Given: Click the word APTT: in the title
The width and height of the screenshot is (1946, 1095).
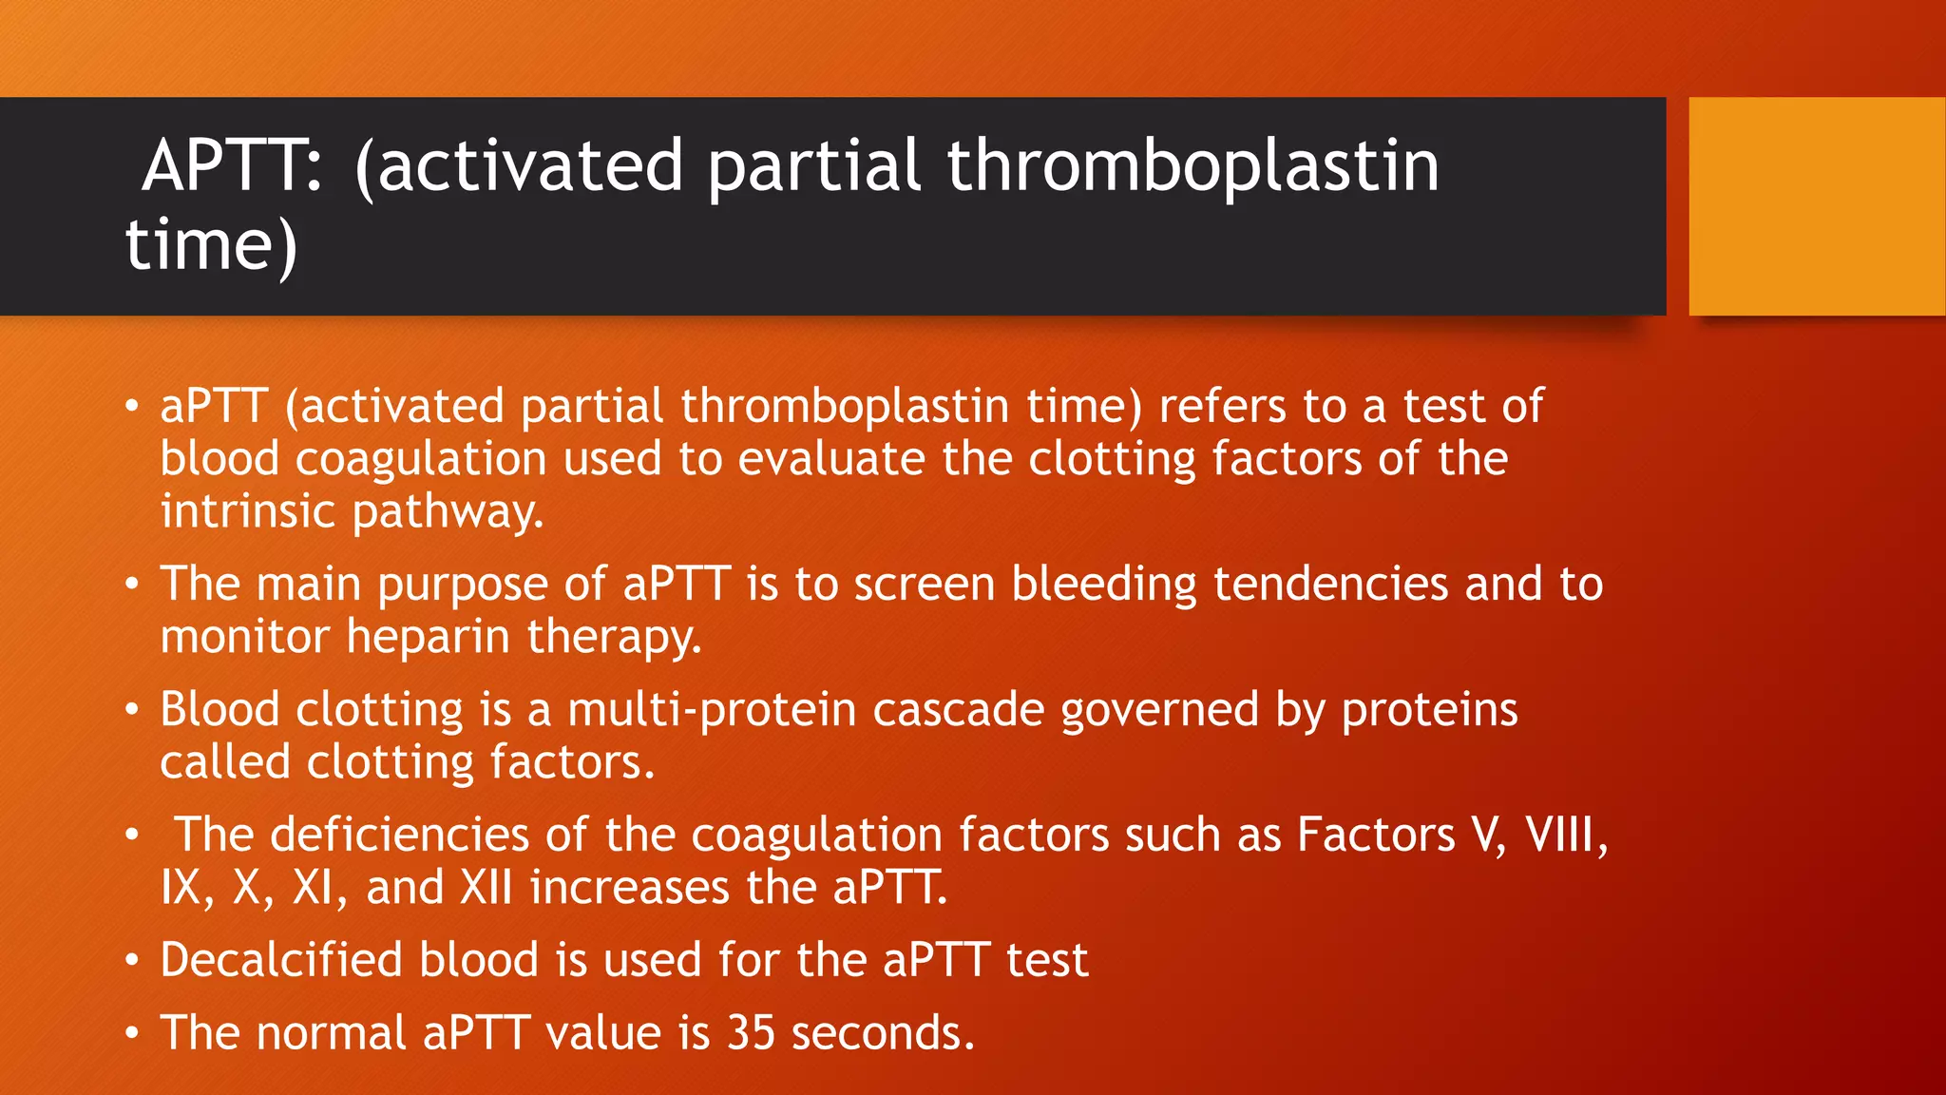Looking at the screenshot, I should (232, 166).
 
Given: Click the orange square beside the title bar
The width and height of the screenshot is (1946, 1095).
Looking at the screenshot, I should (1816, 206).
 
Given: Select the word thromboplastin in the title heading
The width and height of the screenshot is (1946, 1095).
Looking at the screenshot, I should (1192, 166).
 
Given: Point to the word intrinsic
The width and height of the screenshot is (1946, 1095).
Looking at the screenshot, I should (247, 511).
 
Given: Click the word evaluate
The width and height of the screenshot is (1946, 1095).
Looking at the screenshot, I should (831, 459).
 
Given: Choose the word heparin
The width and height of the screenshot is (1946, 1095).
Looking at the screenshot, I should (428, 636).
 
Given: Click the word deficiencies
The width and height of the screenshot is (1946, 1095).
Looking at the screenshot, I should (399, 836).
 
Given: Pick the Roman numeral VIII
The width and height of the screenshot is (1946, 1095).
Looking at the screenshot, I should (1565, 836).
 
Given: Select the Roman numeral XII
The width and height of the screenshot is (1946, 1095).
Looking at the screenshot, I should (486, 888).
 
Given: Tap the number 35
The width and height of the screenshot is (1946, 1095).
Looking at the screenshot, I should (751, 1033).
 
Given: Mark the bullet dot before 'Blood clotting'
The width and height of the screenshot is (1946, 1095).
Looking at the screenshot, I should (133, 710).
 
